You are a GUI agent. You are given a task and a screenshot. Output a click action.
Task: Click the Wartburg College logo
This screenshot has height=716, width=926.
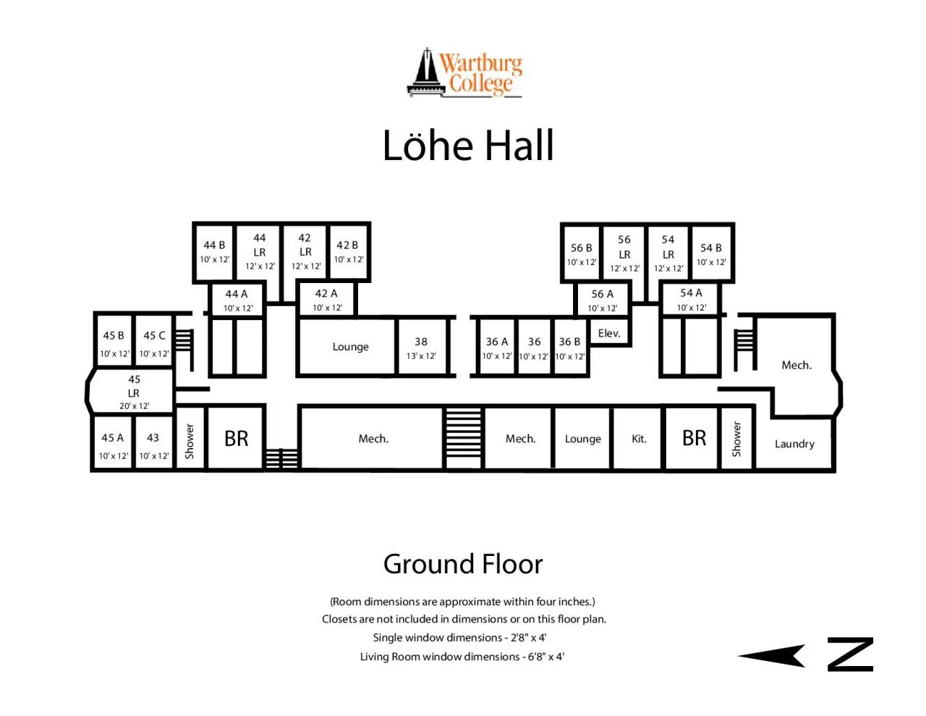tap(464, 72)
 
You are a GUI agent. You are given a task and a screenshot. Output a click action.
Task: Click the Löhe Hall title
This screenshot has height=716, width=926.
tap(467, 146)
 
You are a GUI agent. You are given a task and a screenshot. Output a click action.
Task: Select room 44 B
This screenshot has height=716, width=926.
tap(215, 252)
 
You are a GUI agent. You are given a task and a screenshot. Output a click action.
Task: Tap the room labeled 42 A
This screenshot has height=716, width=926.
tap(327, 300)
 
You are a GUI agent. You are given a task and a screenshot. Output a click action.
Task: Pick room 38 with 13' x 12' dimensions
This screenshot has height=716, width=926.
tap(422, 348)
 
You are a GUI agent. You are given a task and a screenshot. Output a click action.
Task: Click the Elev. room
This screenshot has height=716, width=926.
tap(609, 333)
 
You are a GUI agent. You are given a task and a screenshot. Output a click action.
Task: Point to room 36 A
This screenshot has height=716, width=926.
tap(496, 348)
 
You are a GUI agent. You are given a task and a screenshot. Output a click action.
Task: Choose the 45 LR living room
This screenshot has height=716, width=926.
tap(133, 392)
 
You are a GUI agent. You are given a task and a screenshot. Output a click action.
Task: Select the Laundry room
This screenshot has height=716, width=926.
tap(794, 444)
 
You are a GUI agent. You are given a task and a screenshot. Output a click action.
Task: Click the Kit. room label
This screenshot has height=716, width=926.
tap(639, 439)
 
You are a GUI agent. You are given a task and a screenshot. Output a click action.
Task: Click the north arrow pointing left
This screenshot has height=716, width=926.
tap(771, 655)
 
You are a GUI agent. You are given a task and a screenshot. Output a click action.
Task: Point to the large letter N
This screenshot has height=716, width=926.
tap(850, 654)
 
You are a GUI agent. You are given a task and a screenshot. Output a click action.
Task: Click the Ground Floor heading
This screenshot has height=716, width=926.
tap(463, 564)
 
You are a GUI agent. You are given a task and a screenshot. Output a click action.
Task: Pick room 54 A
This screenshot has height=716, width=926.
tap(691, 300)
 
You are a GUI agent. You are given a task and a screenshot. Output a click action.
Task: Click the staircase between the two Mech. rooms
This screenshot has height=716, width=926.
tap(463, 438)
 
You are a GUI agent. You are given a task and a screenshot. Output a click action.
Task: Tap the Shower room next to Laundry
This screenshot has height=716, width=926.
tap(736, 439)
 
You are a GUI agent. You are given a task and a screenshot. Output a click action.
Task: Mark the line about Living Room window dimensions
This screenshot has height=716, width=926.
tap(462, 657)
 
